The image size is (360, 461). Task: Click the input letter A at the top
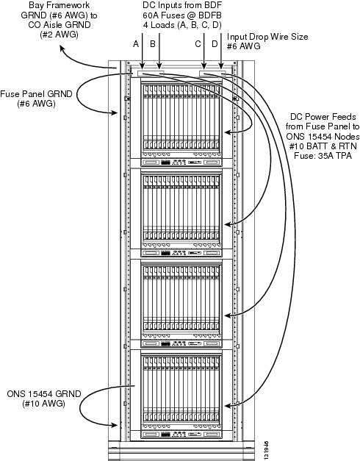pyautogui.click(x=136, y=44)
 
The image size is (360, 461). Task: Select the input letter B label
pyautogui.click(x=153, y=44)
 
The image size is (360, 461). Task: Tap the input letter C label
pyautogui.click(x=198, y=44)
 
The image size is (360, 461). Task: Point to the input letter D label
pyautogui.click(x=215, y=44)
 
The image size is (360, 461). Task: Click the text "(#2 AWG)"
pyautogui.click(x=59, y=35)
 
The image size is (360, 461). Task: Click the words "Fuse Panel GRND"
pyautogui.click(x=36, y=94)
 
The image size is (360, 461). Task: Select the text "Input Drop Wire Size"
pyautogui.click(x=267, y=37)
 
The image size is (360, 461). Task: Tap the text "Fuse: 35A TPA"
pyautogui.click(x=323, y=156)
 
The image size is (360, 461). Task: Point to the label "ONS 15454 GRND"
pyautogui.click(x=44, y=393)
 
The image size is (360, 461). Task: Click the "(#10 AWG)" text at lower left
pyautogui.click(x=44, y=404)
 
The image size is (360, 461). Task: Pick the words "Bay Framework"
pyautogui.click(x=59, y=5)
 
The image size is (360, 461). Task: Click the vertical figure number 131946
pyautogui.click(x=266, y=449)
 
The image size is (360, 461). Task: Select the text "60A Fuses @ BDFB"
pyautogui.click(x=182, y=15)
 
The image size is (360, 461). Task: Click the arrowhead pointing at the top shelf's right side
pyautogui.click(x=228, y=132)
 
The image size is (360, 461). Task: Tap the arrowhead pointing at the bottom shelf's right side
pyautogui.click(x=228, y=406)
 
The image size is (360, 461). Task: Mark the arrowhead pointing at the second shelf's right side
pyautogui.click(x=228, y=224)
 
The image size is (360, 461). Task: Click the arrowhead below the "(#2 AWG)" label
pyautogui.click(x=62, y=48)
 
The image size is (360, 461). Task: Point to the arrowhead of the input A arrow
pyautogui.click(x=143, y=66)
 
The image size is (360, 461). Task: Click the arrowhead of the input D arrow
pyautogui.click(x=221, y=66)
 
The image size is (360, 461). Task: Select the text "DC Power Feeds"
pyautogui.click(x=323, y=117)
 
